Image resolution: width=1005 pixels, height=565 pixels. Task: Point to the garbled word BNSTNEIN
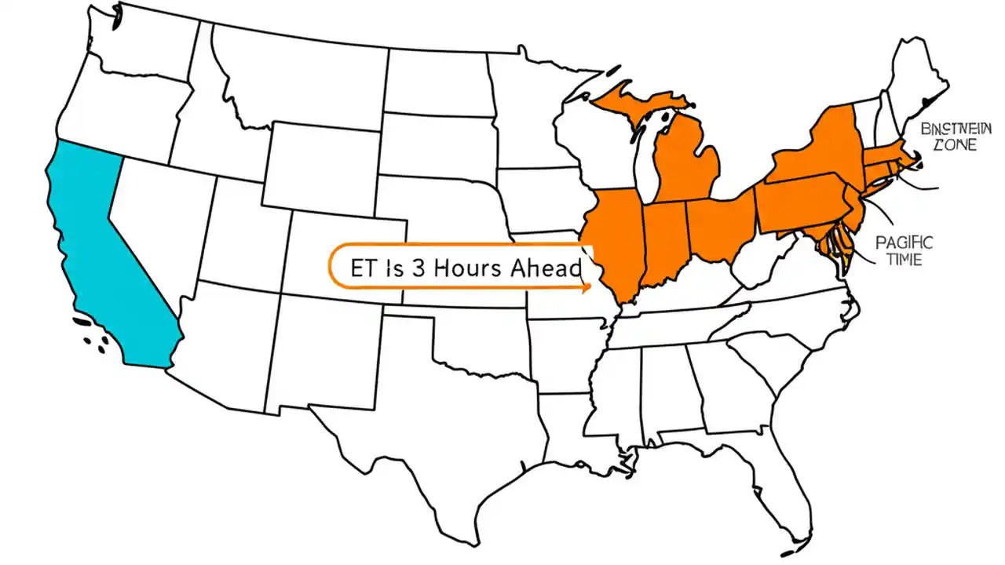[x=946, y=128]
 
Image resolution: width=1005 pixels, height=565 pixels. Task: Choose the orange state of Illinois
[x=616, y=239]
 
